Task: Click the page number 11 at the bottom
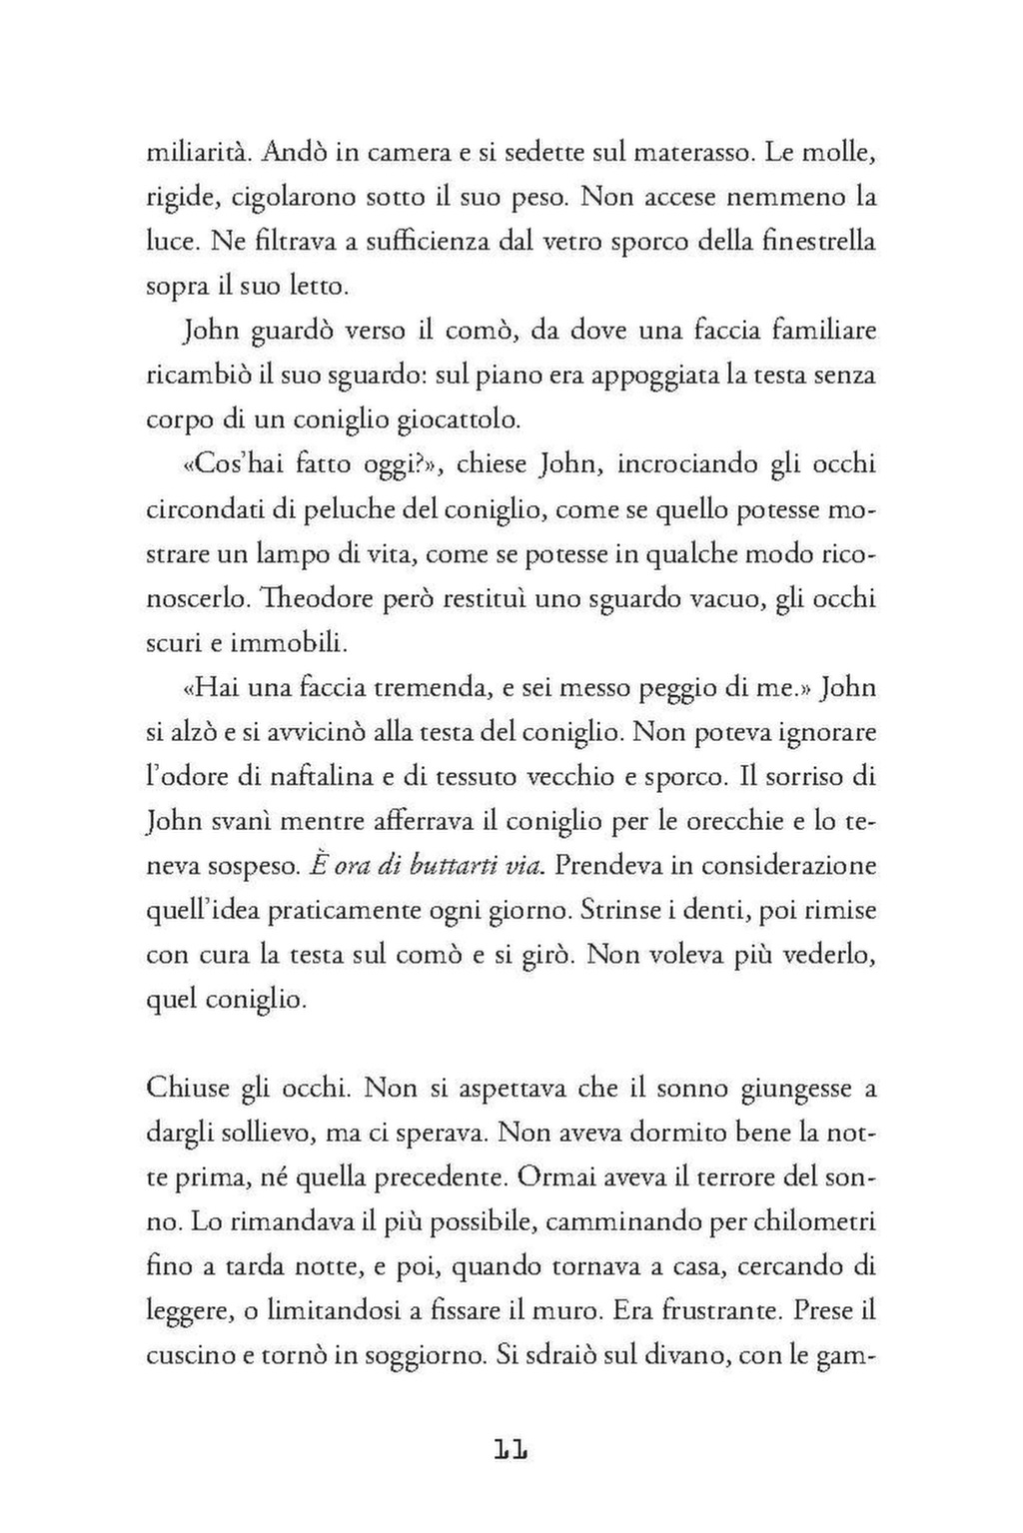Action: coord(511,1449)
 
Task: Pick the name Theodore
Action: coord(320,598)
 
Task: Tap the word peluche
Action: coord(353,510)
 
